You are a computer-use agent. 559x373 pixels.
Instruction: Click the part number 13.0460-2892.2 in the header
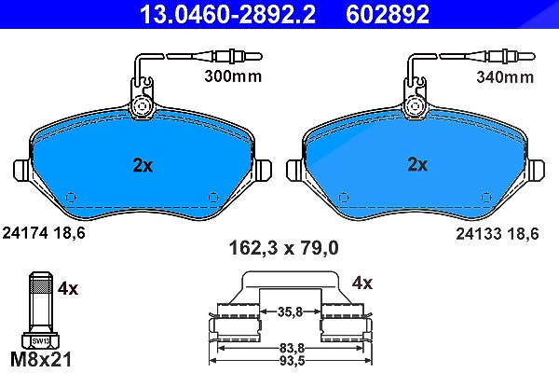click(227, 14)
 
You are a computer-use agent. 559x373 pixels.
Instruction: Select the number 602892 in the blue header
click(388, 14)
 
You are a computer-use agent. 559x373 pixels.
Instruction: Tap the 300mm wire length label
click(233, 76)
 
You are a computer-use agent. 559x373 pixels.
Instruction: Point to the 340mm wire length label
click(505, 77)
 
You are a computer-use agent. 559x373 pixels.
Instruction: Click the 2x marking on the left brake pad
click(143, 165)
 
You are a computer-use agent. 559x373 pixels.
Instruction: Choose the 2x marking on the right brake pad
click(417, 164)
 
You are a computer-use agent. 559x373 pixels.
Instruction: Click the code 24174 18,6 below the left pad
click(44, 233)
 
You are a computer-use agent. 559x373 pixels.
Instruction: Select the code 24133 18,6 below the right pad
click(498, 234)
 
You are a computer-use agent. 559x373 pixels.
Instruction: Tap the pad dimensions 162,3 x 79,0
click(284, 248)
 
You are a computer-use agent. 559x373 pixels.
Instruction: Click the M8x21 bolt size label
click(41, 359)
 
